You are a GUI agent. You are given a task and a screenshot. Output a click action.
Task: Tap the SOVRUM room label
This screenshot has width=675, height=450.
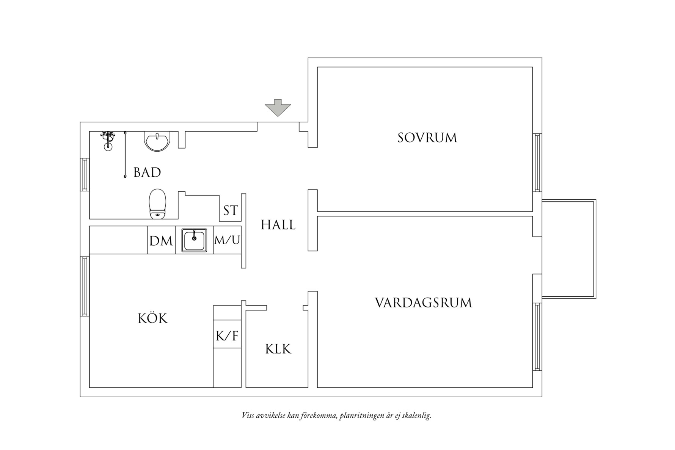pyautogui.click(x=427, y=138)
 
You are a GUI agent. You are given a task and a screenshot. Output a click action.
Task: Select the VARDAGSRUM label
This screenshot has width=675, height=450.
pyautogui.click(x=423, y=303)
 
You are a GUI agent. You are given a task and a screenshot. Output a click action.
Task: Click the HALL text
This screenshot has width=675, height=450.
pyautogui.click(x=278, y=225)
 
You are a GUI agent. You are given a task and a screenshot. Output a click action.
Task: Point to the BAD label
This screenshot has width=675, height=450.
pyautogui.click(x=147, y=173)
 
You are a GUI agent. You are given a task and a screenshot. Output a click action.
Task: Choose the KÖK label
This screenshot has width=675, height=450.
pyautogui.click(x=152, y=318)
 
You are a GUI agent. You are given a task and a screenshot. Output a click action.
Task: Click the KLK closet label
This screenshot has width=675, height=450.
pyautogui.click(x=278, y=349)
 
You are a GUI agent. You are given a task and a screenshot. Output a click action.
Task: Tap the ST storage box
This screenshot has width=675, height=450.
pyautogui.click(x=230, y=211)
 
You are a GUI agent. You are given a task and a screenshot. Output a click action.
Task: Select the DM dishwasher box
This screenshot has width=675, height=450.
pyautogui.click(x=161, y=240)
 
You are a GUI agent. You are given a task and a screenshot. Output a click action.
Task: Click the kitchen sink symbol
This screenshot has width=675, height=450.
pyautogui.click(x=194, y=240)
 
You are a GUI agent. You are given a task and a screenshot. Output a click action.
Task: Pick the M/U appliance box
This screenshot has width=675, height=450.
pyautogui.click(x=227, y=240)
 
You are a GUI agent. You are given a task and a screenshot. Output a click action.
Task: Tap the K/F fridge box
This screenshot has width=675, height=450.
pyautogui.click(x=227, y=336)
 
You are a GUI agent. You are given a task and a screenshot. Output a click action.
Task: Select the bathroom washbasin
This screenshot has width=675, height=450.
pyautogui.click(x=157, y=141)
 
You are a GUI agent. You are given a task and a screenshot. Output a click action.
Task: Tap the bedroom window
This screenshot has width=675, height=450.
pyautogui.click(x=537, y=163)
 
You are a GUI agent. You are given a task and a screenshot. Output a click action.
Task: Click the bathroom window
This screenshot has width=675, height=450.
pyautogui.click(x=85, y=174)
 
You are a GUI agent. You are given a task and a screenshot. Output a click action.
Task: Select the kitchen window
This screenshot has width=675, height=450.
pyautogui.click(x=85, y=286)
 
